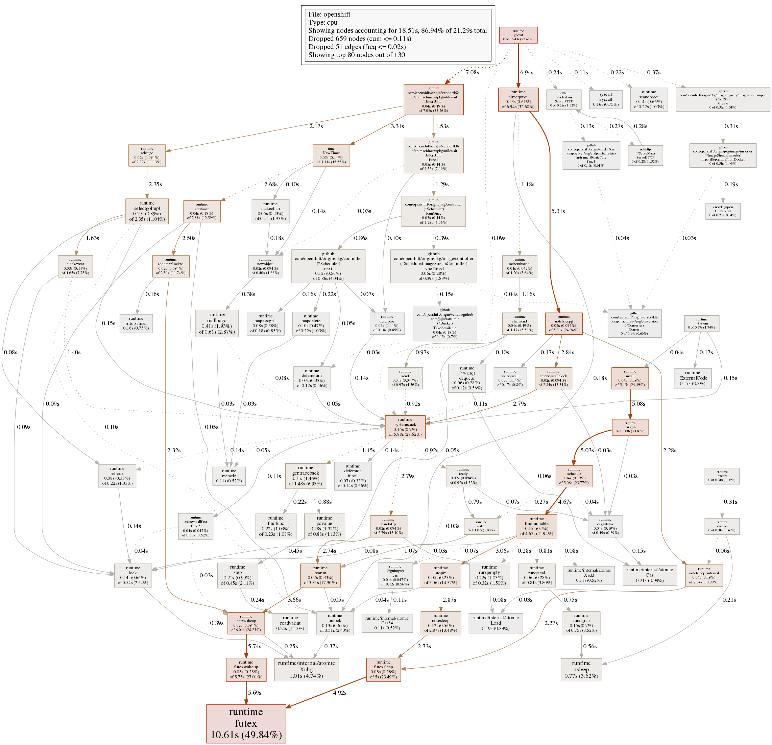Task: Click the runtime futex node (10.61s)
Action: pyautogui.click(x=246, y=723)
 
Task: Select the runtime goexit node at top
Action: pyautogui.click(x=518, y=35)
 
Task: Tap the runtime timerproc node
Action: pyautogui.click(x=518, y=99)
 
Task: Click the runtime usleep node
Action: pyautogui.click(x=581, y=669)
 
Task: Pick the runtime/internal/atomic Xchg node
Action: pyautogui.click(x=306, y=669)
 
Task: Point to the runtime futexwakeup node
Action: pyautogui.click(x=246, y=669)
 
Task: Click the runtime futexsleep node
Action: pyautogui.click(x=383, y=669)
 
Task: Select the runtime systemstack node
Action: pyautogui.click(x=405, y=427)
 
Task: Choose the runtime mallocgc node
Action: pyautogui.click(x=217, y=323)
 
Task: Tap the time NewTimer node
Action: pyautogui.click(x=331, y=155)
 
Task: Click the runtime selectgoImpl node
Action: pyautogui.click(x=147, y=211)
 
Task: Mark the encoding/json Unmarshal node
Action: pyautogui.click(x=723, y=211)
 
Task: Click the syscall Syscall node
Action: pyautogui.click(x=605, y=99)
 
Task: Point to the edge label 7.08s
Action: pyautogui.click(x=472, y=72)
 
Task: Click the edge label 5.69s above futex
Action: pyautogui.click(x=255, y=693)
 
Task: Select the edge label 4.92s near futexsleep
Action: pyautogui.click(x=339, y=693)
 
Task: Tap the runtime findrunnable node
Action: pyautogui.click(x=536, y=526)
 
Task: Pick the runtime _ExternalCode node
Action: pyautogui.click(x=693, y=378)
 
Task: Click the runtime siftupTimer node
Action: pyautogui.click(x=136, y=323)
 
